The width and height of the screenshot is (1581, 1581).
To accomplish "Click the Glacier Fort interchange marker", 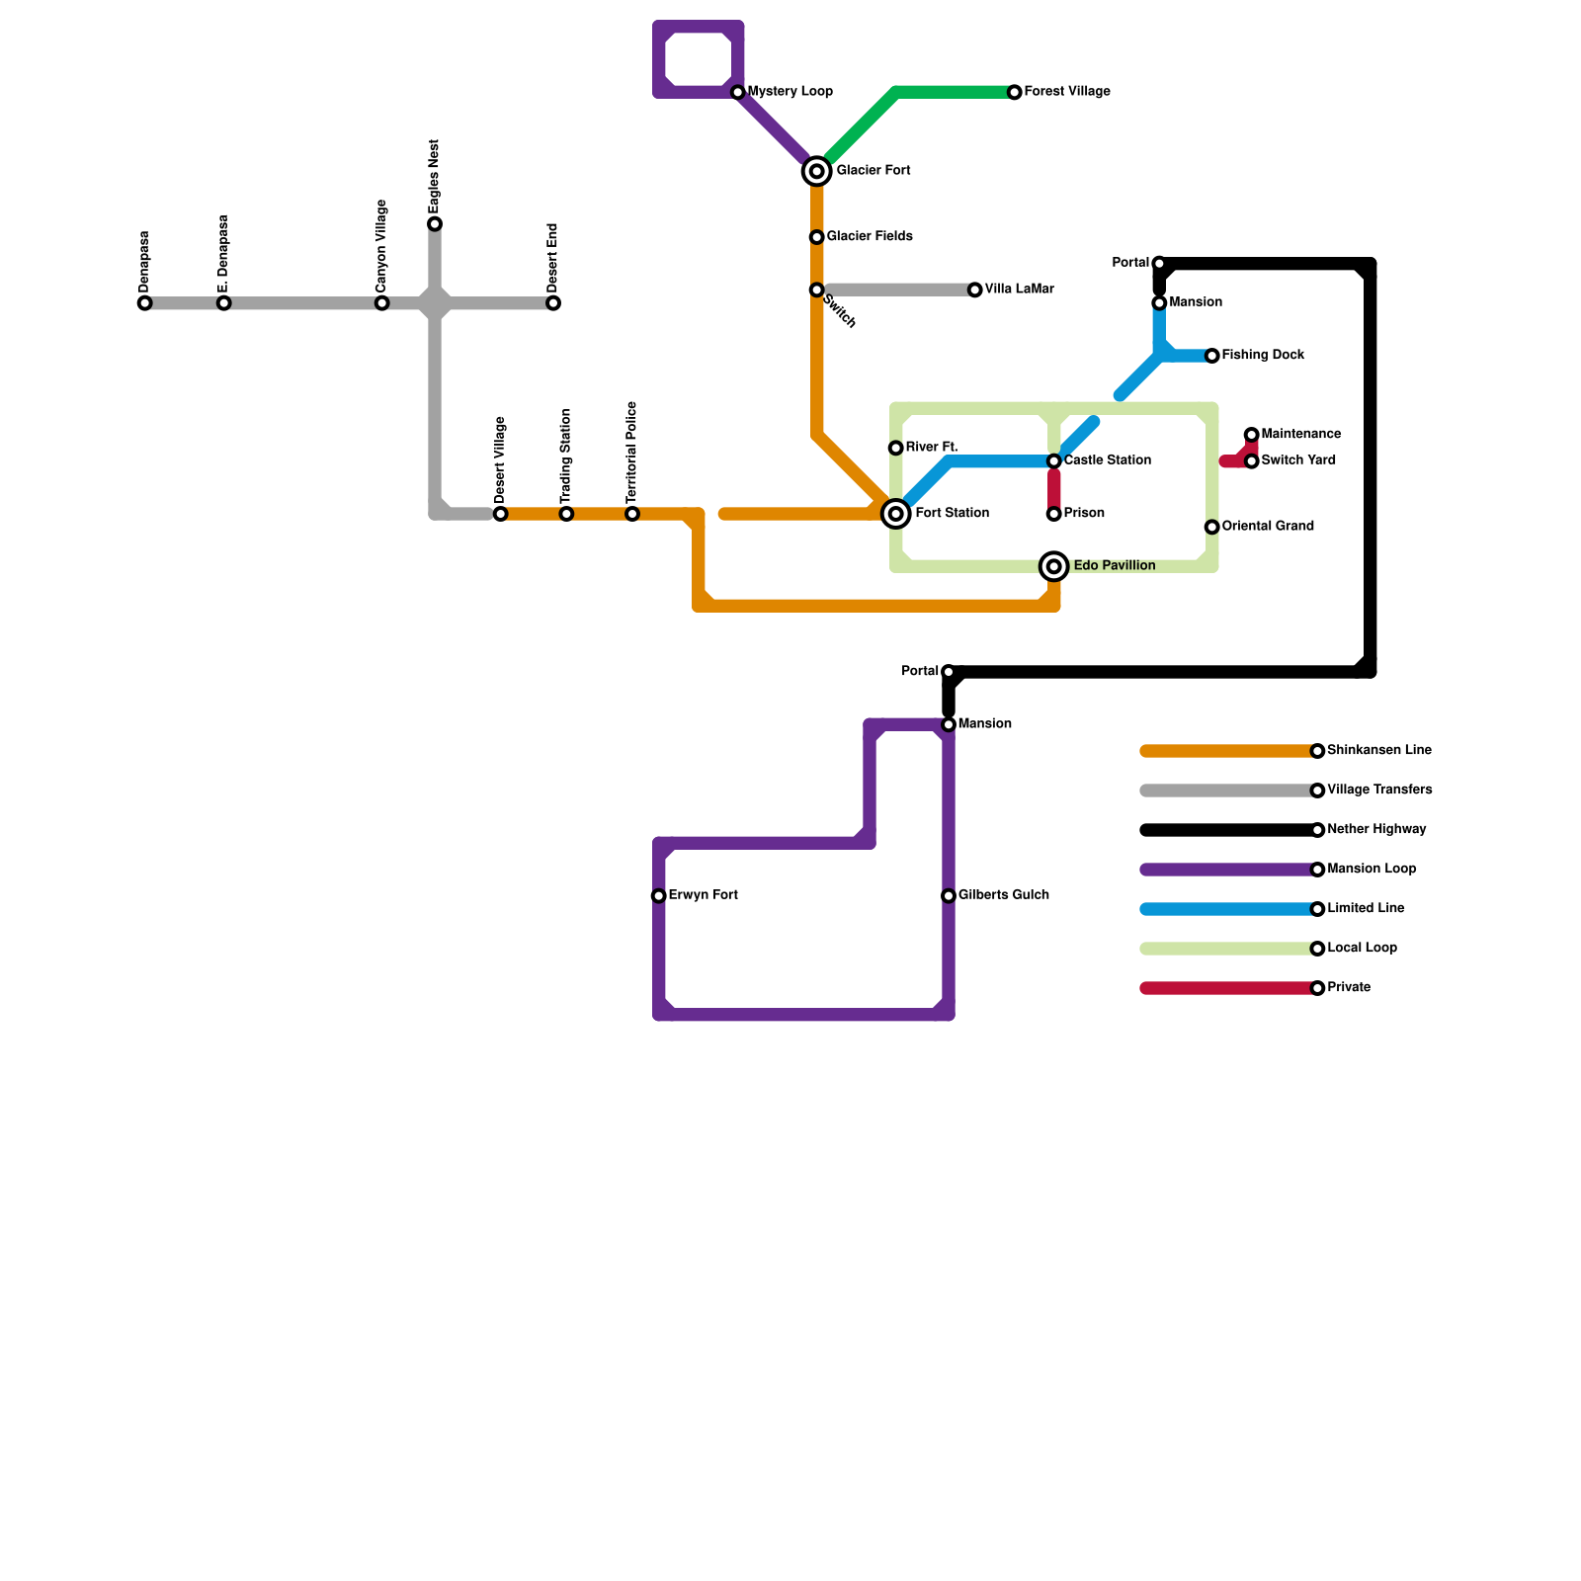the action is (x=816, y=171).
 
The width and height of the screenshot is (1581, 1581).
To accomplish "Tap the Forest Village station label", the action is (x=1067, y=92).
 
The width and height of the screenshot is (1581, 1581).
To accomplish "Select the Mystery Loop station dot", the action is (x=738, y=92).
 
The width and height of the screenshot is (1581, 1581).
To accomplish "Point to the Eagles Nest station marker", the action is (x=435, y=224).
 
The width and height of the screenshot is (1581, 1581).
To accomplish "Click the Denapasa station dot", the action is (x=145, y=303).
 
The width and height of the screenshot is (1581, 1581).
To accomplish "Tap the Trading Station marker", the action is (x=566, y=514).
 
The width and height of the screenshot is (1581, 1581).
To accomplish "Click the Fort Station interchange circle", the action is (x=896, y=514).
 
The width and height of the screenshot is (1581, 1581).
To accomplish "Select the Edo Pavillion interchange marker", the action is (x=1054, y=566).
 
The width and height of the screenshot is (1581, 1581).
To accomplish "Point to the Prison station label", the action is (x=1084, y=514).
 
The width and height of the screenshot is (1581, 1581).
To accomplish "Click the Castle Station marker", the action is (x=1054, y=461).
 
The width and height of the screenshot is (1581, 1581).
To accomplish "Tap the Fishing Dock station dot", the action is (x=1212, y=356).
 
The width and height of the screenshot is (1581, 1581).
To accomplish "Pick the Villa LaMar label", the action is (x=1019, y=290).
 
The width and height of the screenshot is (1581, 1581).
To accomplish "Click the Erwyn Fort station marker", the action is (x=659, y=896).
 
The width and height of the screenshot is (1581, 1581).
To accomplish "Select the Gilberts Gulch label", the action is (x=1003, y=895).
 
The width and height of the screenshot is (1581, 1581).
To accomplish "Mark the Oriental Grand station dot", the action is (x=1212, y=527).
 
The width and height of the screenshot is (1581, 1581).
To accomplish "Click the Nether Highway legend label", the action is (x=1376, y=830).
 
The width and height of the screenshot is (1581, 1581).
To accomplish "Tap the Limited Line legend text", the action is (x=1366, y=909).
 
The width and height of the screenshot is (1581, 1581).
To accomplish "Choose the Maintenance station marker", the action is (x=1252, y=435).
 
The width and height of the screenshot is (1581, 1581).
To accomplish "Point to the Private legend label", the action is (x=1349, y=988).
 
